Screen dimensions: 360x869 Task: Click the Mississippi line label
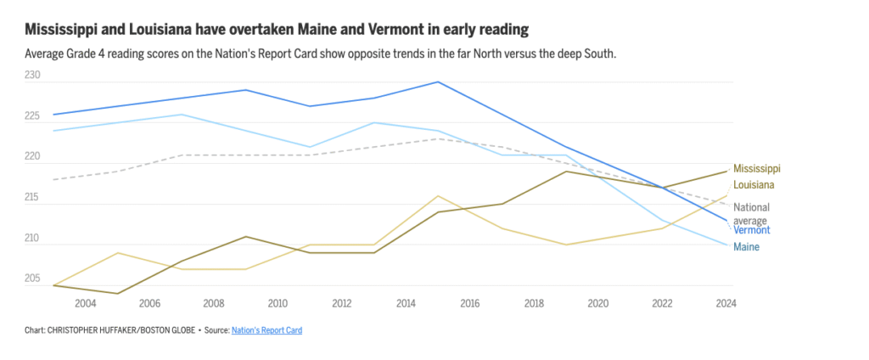pos(756,169)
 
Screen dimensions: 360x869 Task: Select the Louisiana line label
pos(754,185)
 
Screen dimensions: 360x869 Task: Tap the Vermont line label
pos(751,230)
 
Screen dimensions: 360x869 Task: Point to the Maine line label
pos(746,247)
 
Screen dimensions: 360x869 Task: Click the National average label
pos(751,214)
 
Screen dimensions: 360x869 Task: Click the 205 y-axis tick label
pos(33,278)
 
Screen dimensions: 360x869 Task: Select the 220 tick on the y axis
pos(33,157)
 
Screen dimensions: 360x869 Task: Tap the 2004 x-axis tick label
pos(86,303)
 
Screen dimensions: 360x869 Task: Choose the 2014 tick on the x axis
pos(406,303)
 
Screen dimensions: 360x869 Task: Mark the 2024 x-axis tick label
pos(726,303)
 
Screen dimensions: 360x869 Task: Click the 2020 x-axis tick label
pos(597,303)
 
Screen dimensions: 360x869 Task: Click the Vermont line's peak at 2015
pos(438,82)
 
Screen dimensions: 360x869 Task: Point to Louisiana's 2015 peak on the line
pos(438,196)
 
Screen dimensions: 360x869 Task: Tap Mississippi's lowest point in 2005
pos(118,294)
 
